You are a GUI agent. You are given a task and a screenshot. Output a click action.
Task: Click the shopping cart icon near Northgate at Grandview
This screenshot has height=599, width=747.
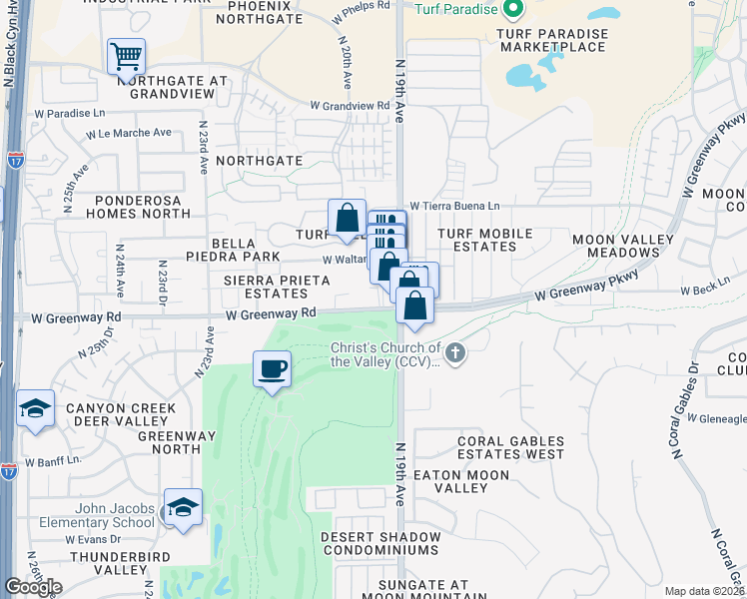tap(126, 57)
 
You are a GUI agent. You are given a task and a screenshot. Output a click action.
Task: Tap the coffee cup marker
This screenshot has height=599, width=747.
tap(272, 369)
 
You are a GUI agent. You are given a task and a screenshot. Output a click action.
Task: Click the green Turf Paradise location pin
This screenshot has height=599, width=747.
tap(514, 10)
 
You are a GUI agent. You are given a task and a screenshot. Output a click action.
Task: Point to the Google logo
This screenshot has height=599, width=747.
tap(33, 587)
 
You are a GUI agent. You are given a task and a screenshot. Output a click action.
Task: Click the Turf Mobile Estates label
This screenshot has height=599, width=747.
tap(485, 240)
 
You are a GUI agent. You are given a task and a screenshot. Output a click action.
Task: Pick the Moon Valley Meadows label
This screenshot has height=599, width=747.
tap(618, 247)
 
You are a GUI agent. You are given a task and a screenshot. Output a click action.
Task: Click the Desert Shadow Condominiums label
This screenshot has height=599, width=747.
tap(380, 543)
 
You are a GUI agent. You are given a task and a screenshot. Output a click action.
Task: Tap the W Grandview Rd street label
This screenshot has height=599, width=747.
tap(350, 105)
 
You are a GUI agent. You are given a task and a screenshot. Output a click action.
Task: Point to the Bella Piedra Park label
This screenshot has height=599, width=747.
tap(233, 249)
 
